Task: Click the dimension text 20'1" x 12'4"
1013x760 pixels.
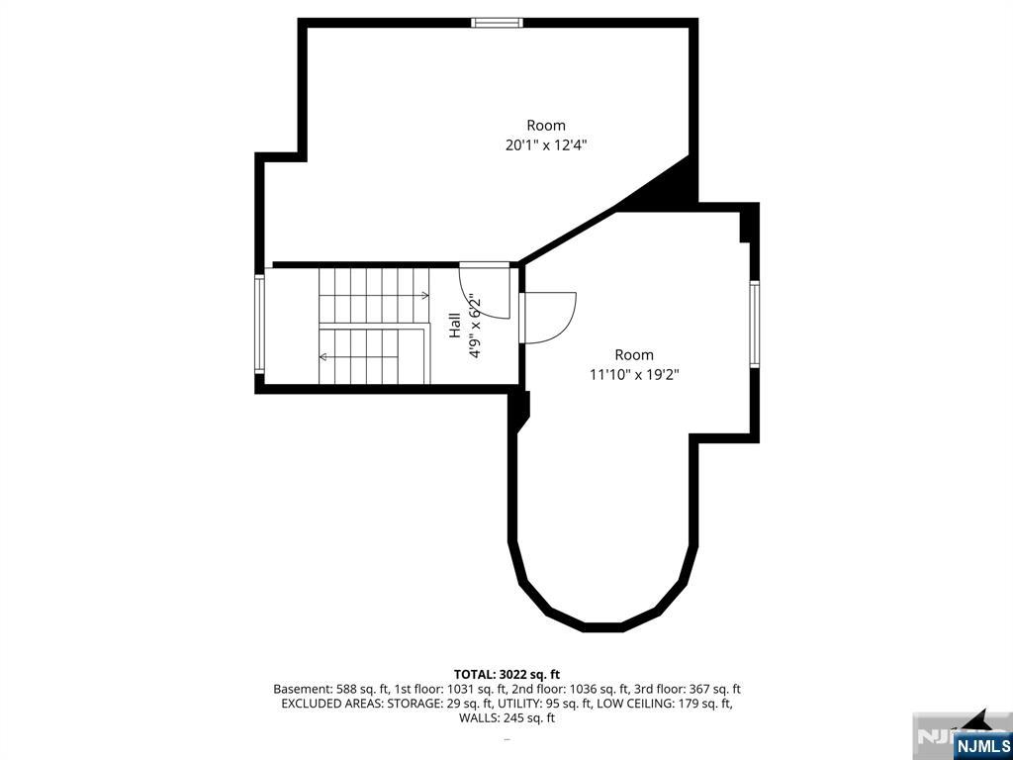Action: [x=546, y=145]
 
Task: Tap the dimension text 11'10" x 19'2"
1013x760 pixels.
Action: [x=634, y=374]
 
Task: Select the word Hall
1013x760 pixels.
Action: [x=455, y=325]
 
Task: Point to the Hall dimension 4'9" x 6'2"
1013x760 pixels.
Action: [x=476, y=327]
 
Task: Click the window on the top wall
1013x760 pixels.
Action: [x=497, y=23]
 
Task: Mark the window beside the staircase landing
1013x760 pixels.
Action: [x=259, y=324]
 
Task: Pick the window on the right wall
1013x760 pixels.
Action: [x=754, y=325]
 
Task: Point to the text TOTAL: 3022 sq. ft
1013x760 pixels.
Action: [x=506, y=675]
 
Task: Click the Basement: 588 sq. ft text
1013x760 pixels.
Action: [x=330, y=690]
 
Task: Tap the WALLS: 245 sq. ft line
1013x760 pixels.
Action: [x=506, y=718]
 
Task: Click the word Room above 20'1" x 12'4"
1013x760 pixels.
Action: [x=546, y=126]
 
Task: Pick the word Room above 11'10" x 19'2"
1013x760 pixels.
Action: [x=634, y=355]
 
